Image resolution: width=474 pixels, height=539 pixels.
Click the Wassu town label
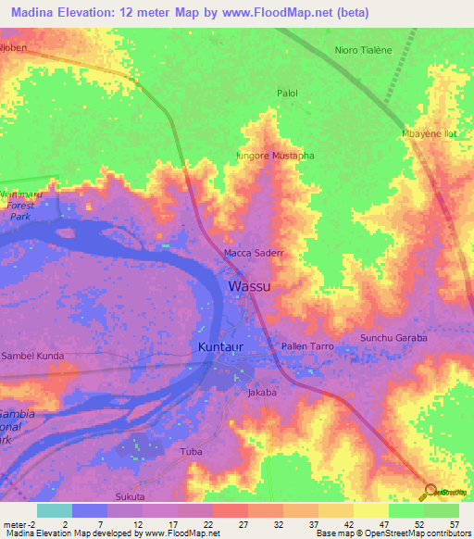[x=249, y=286]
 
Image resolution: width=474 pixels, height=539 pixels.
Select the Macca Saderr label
[x=253, y=252]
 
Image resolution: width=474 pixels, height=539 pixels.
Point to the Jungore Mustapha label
[x=275, y=156]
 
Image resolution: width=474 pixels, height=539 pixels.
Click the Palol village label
[x=288, y=94]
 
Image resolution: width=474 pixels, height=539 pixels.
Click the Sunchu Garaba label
[x=393, y=338]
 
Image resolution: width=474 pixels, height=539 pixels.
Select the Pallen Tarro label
[x=306, y=346]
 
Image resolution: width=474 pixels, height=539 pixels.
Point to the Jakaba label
[x=262, y=393]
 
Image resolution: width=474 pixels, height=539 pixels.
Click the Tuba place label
[x=191, y=453]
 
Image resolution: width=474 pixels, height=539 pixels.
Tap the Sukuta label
[x=130, y=497]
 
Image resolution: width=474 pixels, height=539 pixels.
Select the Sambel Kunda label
[x=31, y=356]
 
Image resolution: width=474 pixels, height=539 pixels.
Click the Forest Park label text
[x=20, y=210]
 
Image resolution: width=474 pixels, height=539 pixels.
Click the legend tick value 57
[x=454, y=523]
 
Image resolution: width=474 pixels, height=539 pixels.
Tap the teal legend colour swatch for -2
[x=54, y=510]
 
